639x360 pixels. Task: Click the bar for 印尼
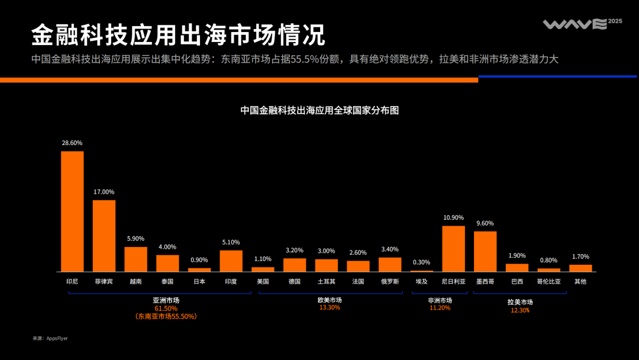[x=72, y=211]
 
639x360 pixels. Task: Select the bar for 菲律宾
[x=104, y=236]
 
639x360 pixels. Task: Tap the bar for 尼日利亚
[x=453, y=249]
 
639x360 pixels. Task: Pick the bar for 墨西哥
[x=485, y=251]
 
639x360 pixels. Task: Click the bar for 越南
[x=135, y=259]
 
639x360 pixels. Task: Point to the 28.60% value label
[x=72, y=143]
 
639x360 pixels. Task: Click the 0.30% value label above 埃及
[x=421, y=262]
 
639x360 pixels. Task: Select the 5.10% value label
[x=231, y=242]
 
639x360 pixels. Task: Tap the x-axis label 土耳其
[x=326, y=281]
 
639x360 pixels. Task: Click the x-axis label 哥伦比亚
[x=548, y=281]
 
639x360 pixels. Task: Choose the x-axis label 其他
[x=580, y=281]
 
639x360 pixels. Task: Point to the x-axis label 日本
[x=199, y=281]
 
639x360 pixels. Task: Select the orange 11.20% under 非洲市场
[x=440, y=308]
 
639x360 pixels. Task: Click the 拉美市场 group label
[x=520, y=302]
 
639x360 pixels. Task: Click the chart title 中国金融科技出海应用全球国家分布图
[x=319, y=110]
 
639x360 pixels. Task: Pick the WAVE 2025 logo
[x=582, y=24]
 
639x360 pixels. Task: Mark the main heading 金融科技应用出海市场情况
[x=178, y=36]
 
